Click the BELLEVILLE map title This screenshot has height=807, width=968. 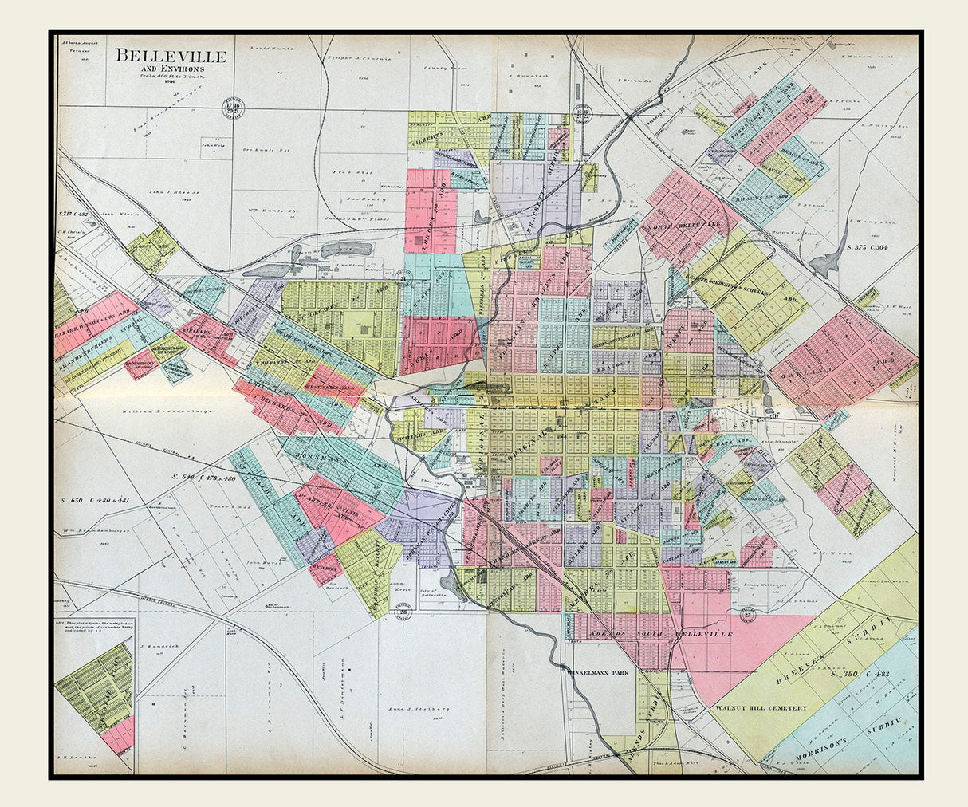171,57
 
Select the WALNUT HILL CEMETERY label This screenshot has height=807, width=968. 760,708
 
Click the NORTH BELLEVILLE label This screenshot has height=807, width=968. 683,225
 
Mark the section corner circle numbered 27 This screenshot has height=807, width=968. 747,612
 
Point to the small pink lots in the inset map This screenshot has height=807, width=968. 119,734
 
